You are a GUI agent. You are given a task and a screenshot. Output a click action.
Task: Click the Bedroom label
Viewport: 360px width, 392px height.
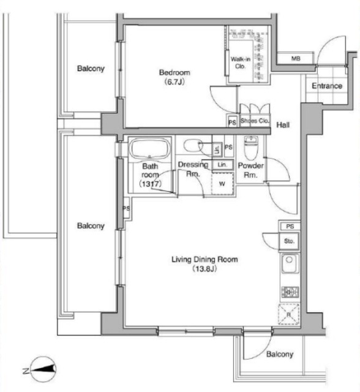(174, 72)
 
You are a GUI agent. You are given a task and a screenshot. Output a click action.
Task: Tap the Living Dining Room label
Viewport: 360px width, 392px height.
(204, 259)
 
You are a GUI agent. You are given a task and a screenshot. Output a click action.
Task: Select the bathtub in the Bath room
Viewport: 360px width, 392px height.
(149, 148)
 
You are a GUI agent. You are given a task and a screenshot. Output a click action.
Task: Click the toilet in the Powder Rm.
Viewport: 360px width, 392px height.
(250, 148)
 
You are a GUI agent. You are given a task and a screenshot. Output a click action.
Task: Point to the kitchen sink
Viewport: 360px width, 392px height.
(290, 263)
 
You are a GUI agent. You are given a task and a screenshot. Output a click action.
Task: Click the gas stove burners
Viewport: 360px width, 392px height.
(290, 292)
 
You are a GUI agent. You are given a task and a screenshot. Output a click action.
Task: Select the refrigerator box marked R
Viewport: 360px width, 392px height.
(289, 314)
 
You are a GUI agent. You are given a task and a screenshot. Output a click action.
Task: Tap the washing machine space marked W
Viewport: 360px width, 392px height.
(222, 184)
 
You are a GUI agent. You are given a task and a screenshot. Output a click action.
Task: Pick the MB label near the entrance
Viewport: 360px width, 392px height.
(296, 59)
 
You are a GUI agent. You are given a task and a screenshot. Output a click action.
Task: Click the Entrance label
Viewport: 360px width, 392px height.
(327, 86)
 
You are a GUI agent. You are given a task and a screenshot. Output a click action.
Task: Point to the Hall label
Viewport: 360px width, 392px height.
(283, 124)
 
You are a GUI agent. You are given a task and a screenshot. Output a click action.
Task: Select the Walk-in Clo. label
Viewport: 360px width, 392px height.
(241, 62)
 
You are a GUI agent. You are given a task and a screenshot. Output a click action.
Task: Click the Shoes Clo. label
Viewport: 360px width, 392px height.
(255, 121)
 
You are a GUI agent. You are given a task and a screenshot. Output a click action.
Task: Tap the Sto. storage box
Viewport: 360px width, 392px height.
(290, 241)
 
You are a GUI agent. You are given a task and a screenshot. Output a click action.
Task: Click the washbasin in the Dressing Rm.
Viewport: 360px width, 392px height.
(193, 145)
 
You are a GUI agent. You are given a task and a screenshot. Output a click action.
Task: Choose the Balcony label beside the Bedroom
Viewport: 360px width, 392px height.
(91, 68)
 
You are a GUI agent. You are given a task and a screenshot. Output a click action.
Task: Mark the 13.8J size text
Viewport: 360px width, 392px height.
(204, 269)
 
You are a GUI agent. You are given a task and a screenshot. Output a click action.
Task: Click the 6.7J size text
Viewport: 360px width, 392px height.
(174, 81)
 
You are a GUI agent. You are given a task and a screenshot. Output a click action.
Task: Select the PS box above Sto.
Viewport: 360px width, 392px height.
(290, 227)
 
